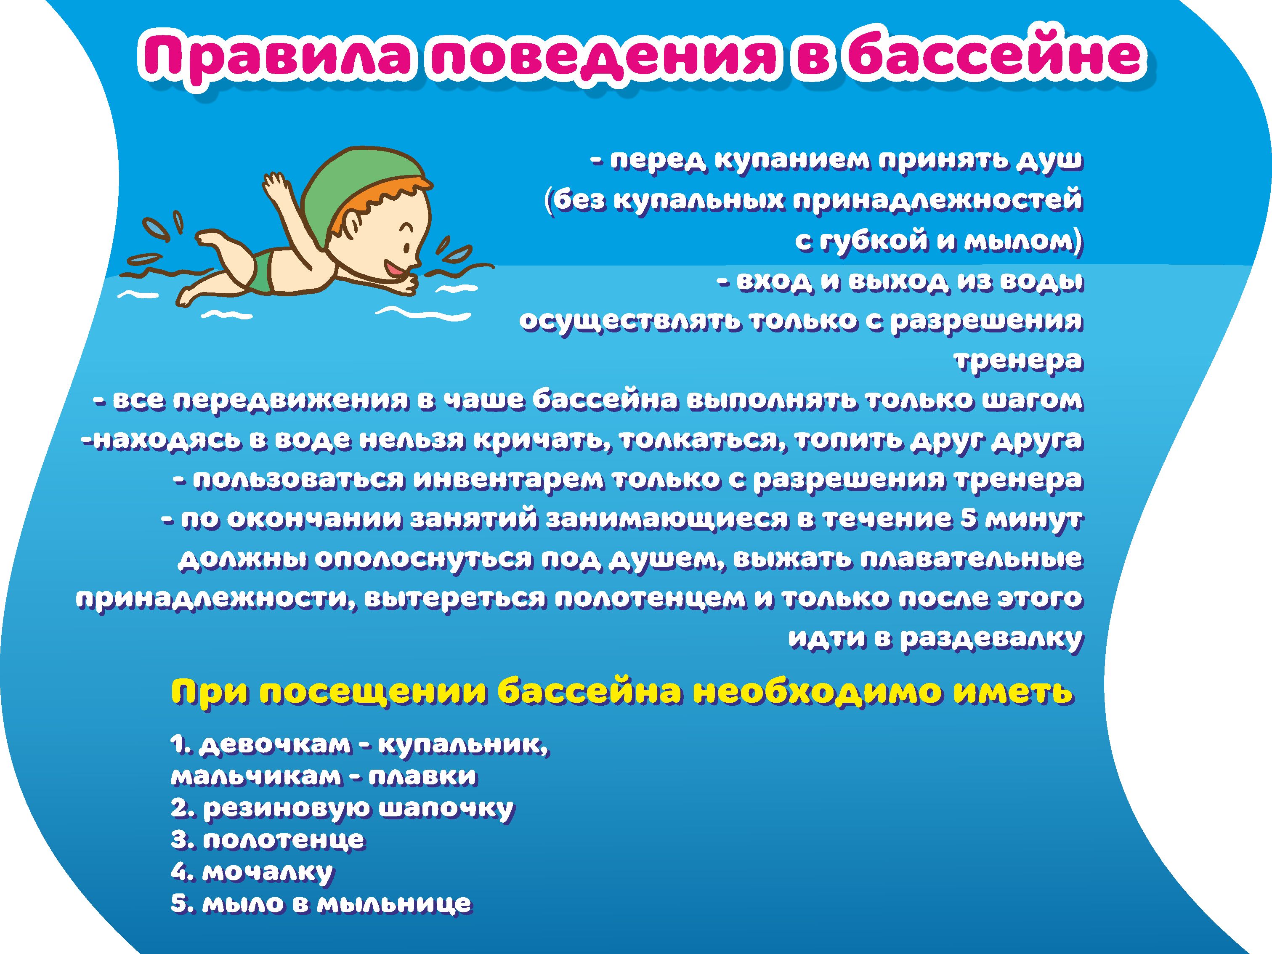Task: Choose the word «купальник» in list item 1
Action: click(x=464, y=746)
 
